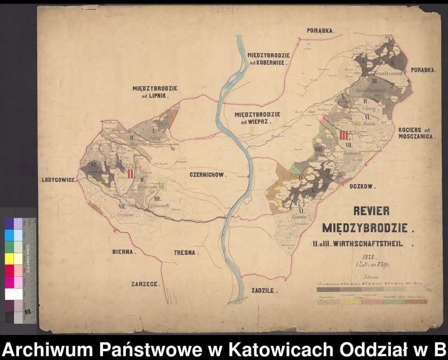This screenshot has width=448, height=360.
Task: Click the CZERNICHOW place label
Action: click(207, 175)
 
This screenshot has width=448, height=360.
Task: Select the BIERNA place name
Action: click(123, 253)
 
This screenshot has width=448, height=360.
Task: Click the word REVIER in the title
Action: click(371, 212)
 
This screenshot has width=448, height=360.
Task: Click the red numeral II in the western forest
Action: click(130, 174)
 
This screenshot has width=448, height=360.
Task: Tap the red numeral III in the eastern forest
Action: click(344, 135)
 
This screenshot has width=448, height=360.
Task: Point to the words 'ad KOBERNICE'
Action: click(268, 63)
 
